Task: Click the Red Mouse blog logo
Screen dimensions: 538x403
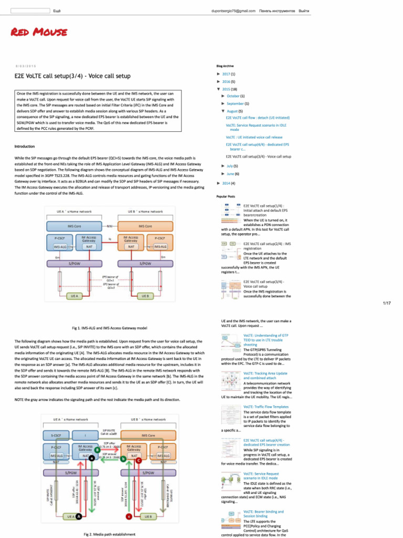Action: click(x=39, y=33)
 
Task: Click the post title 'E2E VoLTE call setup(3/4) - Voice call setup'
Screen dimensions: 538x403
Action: click(x=72, y=76)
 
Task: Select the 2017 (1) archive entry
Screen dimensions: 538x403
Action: click(x=229, y=75)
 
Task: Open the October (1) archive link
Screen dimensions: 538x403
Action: click(x=236, y=96)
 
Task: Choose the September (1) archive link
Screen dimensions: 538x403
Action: click(x=238, y=104)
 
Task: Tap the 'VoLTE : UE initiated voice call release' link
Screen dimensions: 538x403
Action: click(x=254, y=137)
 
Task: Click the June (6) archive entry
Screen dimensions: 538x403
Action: click(x=232, y=173)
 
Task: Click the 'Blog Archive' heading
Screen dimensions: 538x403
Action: click(x=225, y=66)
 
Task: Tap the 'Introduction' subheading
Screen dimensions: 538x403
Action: click(x=25, y=146)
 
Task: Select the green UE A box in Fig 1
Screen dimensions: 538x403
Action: click(x=75, y=296)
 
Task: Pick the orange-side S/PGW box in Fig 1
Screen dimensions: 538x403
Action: click(x=145, y=263)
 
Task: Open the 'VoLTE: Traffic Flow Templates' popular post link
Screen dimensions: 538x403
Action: click(x=266, y=407)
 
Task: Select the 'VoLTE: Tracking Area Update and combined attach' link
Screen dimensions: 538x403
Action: click(x=265, y=376)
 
